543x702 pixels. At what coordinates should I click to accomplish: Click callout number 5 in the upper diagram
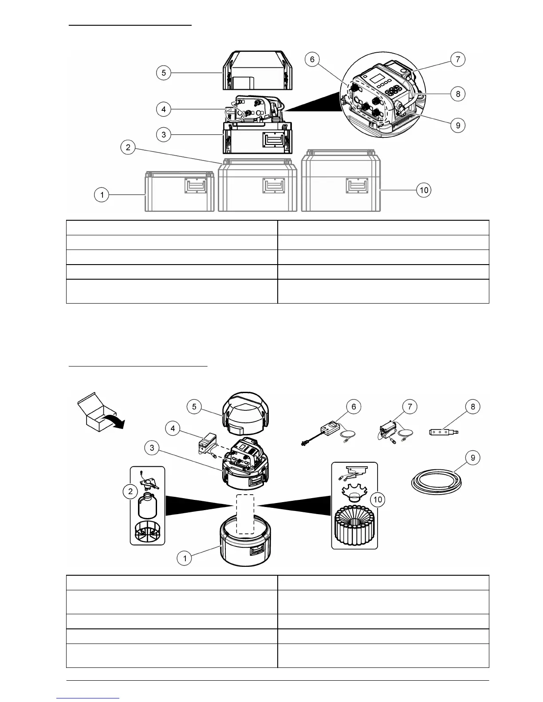[x=164, y=73]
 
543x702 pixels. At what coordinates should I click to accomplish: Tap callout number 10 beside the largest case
[x=424, y=190]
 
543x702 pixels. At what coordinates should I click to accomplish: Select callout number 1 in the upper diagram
[x=102, y=195]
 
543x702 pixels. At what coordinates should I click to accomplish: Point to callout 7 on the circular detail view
[x=458, y=59]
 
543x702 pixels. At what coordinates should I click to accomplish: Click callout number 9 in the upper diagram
[x=458, y=125]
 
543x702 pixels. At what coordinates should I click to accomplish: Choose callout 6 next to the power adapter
[x=354, y=407]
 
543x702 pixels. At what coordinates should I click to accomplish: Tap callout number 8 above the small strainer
[x=473, y=407]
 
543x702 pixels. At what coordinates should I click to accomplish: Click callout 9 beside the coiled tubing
[x=473, y=457]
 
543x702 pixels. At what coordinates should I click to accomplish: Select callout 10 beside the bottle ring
[x=378, y=499]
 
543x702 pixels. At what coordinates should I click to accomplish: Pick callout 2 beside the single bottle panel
[x=130, y=491]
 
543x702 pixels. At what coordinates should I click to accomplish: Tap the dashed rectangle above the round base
[x=245, y=514]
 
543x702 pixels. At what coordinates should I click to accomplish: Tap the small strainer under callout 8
[x=444, y=431]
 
